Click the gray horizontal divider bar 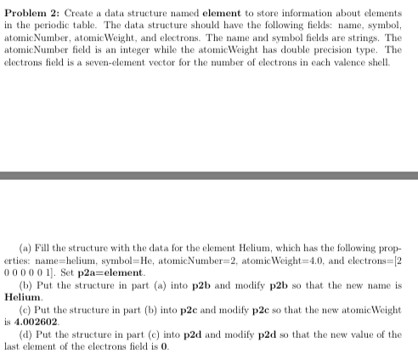(x=209, y=176)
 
